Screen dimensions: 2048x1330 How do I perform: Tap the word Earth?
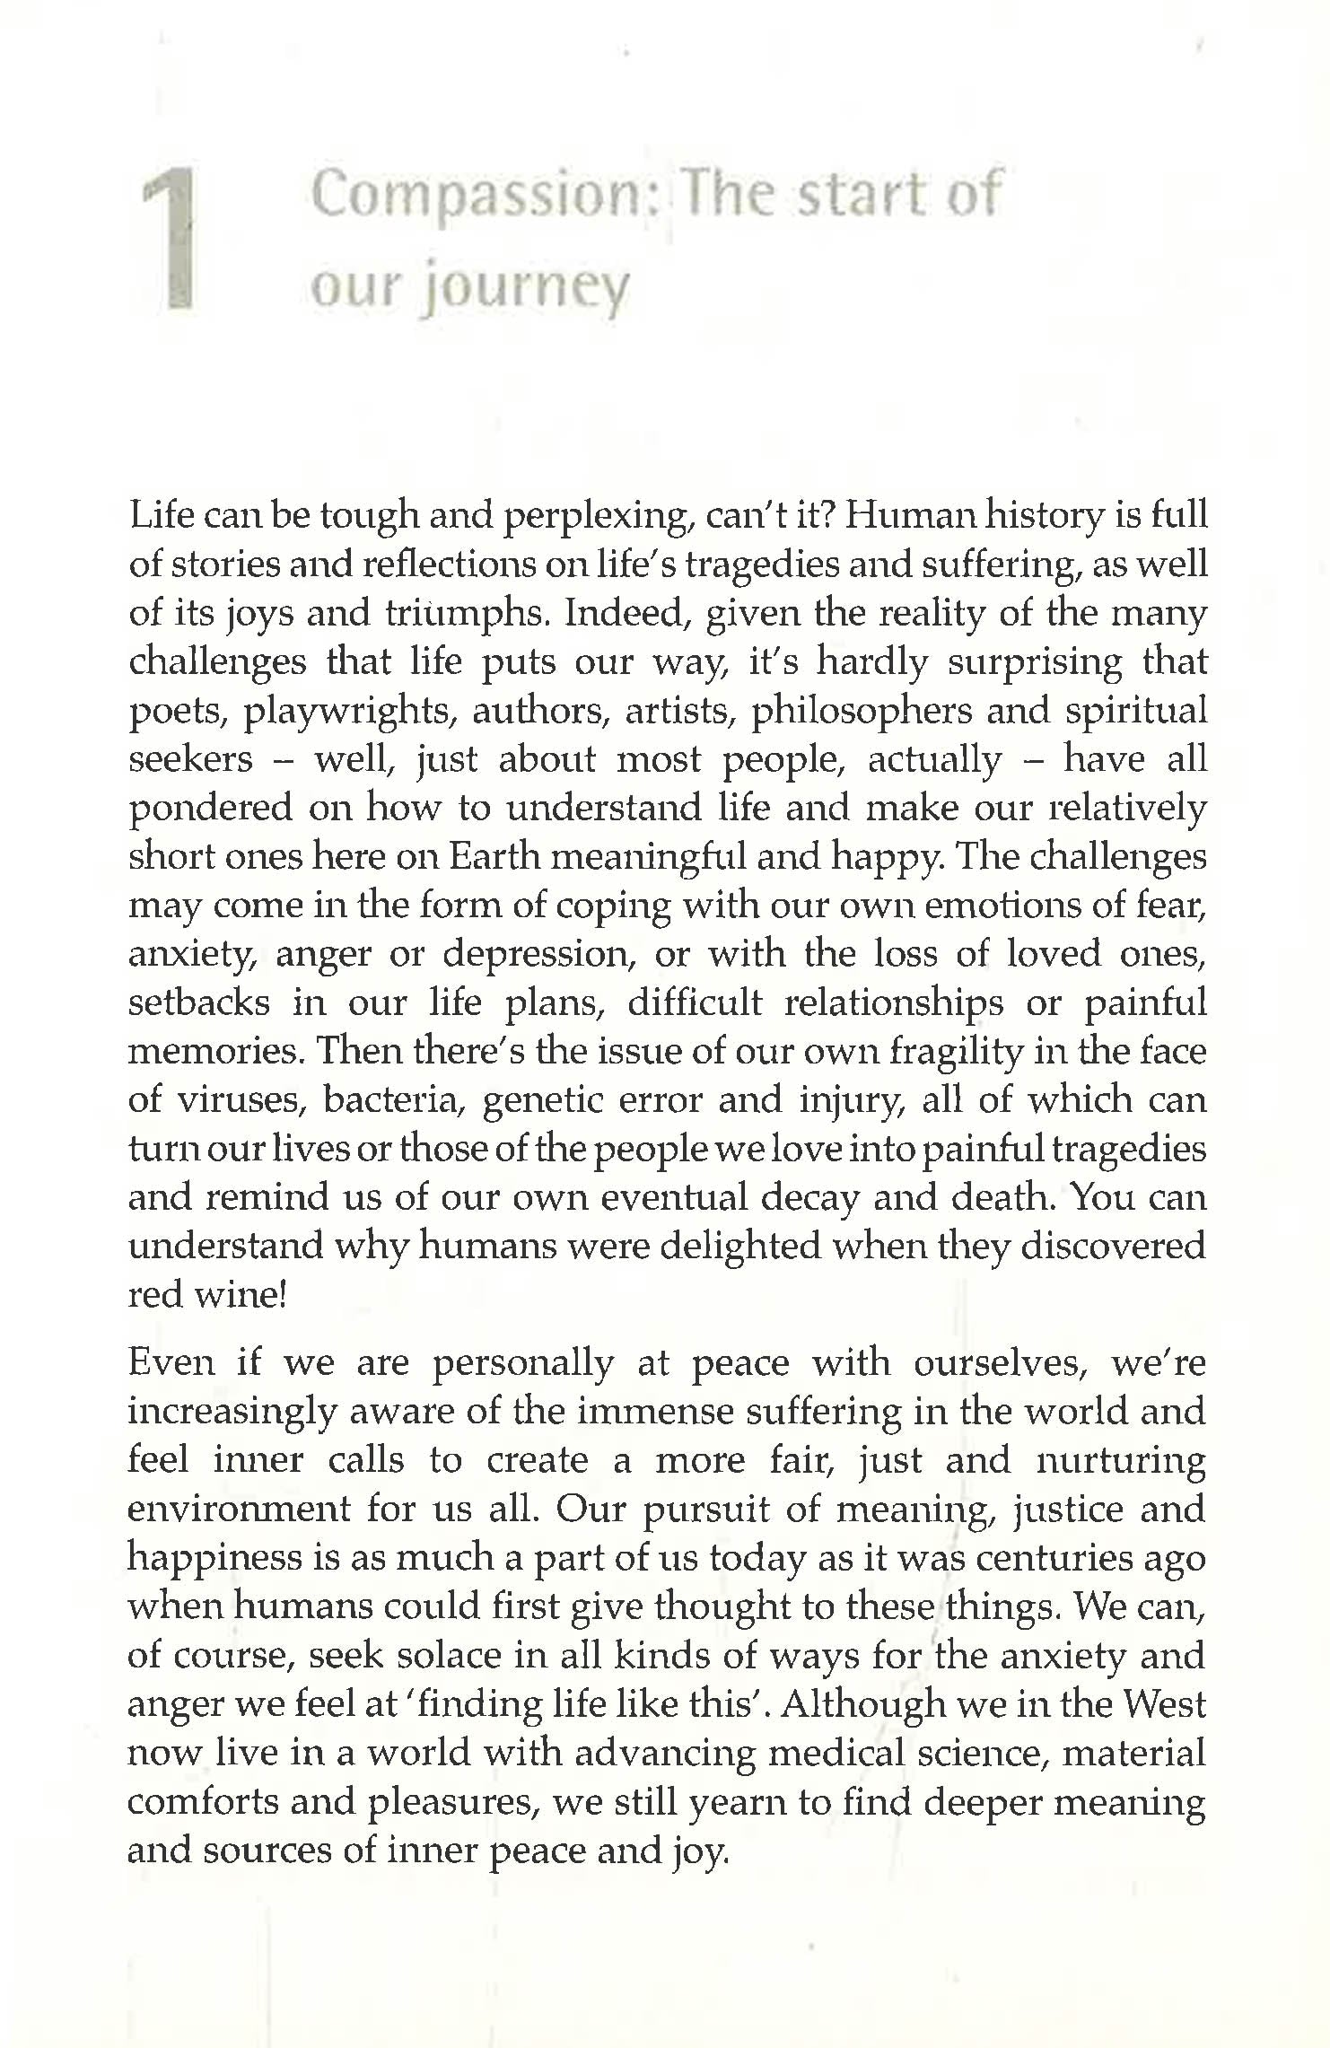pyautogui.click(x=494, y=857)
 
